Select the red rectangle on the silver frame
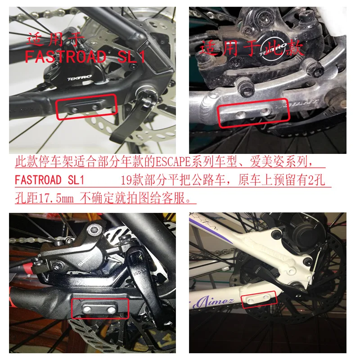(x=253, y=112)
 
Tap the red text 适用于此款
(x=252, y=47)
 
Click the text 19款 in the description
(x=134, y=180)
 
